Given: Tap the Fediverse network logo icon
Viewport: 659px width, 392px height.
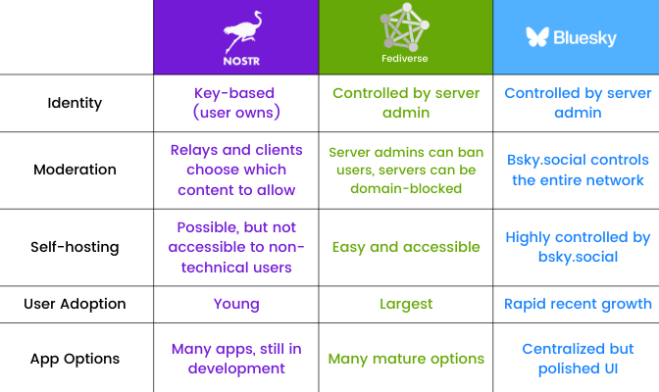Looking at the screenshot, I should pyautogui.click(x=406, y=26).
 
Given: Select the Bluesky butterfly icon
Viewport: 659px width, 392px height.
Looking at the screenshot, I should pyautogui.click(x=537, y=37).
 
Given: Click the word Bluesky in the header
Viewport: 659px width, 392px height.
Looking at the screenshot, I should pyautogui.click(x=585, y=38).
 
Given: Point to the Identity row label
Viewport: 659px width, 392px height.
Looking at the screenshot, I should pyautogui.click(x=75, y=103).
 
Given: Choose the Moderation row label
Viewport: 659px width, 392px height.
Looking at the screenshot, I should pyautogui.click(x=75, y=170).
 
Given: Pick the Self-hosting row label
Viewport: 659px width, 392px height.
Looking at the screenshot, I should pyautogui.click(x=75, y=247).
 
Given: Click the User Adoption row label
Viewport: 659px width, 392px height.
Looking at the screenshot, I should pyautogui.click(x=75, y=304).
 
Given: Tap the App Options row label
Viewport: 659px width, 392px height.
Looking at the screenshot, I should pyautogui.click(x=75, y=359).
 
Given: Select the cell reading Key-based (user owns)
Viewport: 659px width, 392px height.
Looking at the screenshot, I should pyautogui.click(x=235, y=103).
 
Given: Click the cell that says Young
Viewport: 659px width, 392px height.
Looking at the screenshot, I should pyautogui.click(x=235, y=304).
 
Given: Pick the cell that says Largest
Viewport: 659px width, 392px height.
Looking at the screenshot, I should pyautogui.click(x=405, y=304).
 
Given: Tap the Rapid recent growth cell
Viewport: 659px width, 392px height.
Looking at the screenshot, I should pyautogui.click(x=578, y=304).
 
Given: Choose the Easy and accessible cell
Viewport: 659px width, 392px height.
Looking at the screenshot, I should pyautogui.click(x=405, y=247).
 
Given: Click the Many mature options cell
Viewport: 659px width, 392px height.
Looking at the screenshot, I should pyautogui.click(x=405, y=359).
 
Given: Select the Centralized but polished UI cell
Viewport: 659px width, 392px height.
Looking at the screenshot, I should pyautogui.click(x=578, y=359).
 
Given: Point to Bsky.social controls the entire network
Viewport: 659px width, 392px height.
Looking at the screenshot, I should pyautogui.click(x=578, y=170).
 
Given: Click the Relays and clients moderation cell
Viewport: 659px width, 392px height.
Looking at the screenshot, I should pyautogui.click(x=235, y=170).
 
